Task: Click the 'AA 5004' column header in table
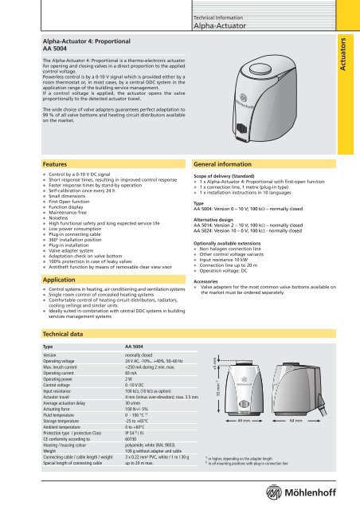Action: pyautogui.click(x=114, y=347)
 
